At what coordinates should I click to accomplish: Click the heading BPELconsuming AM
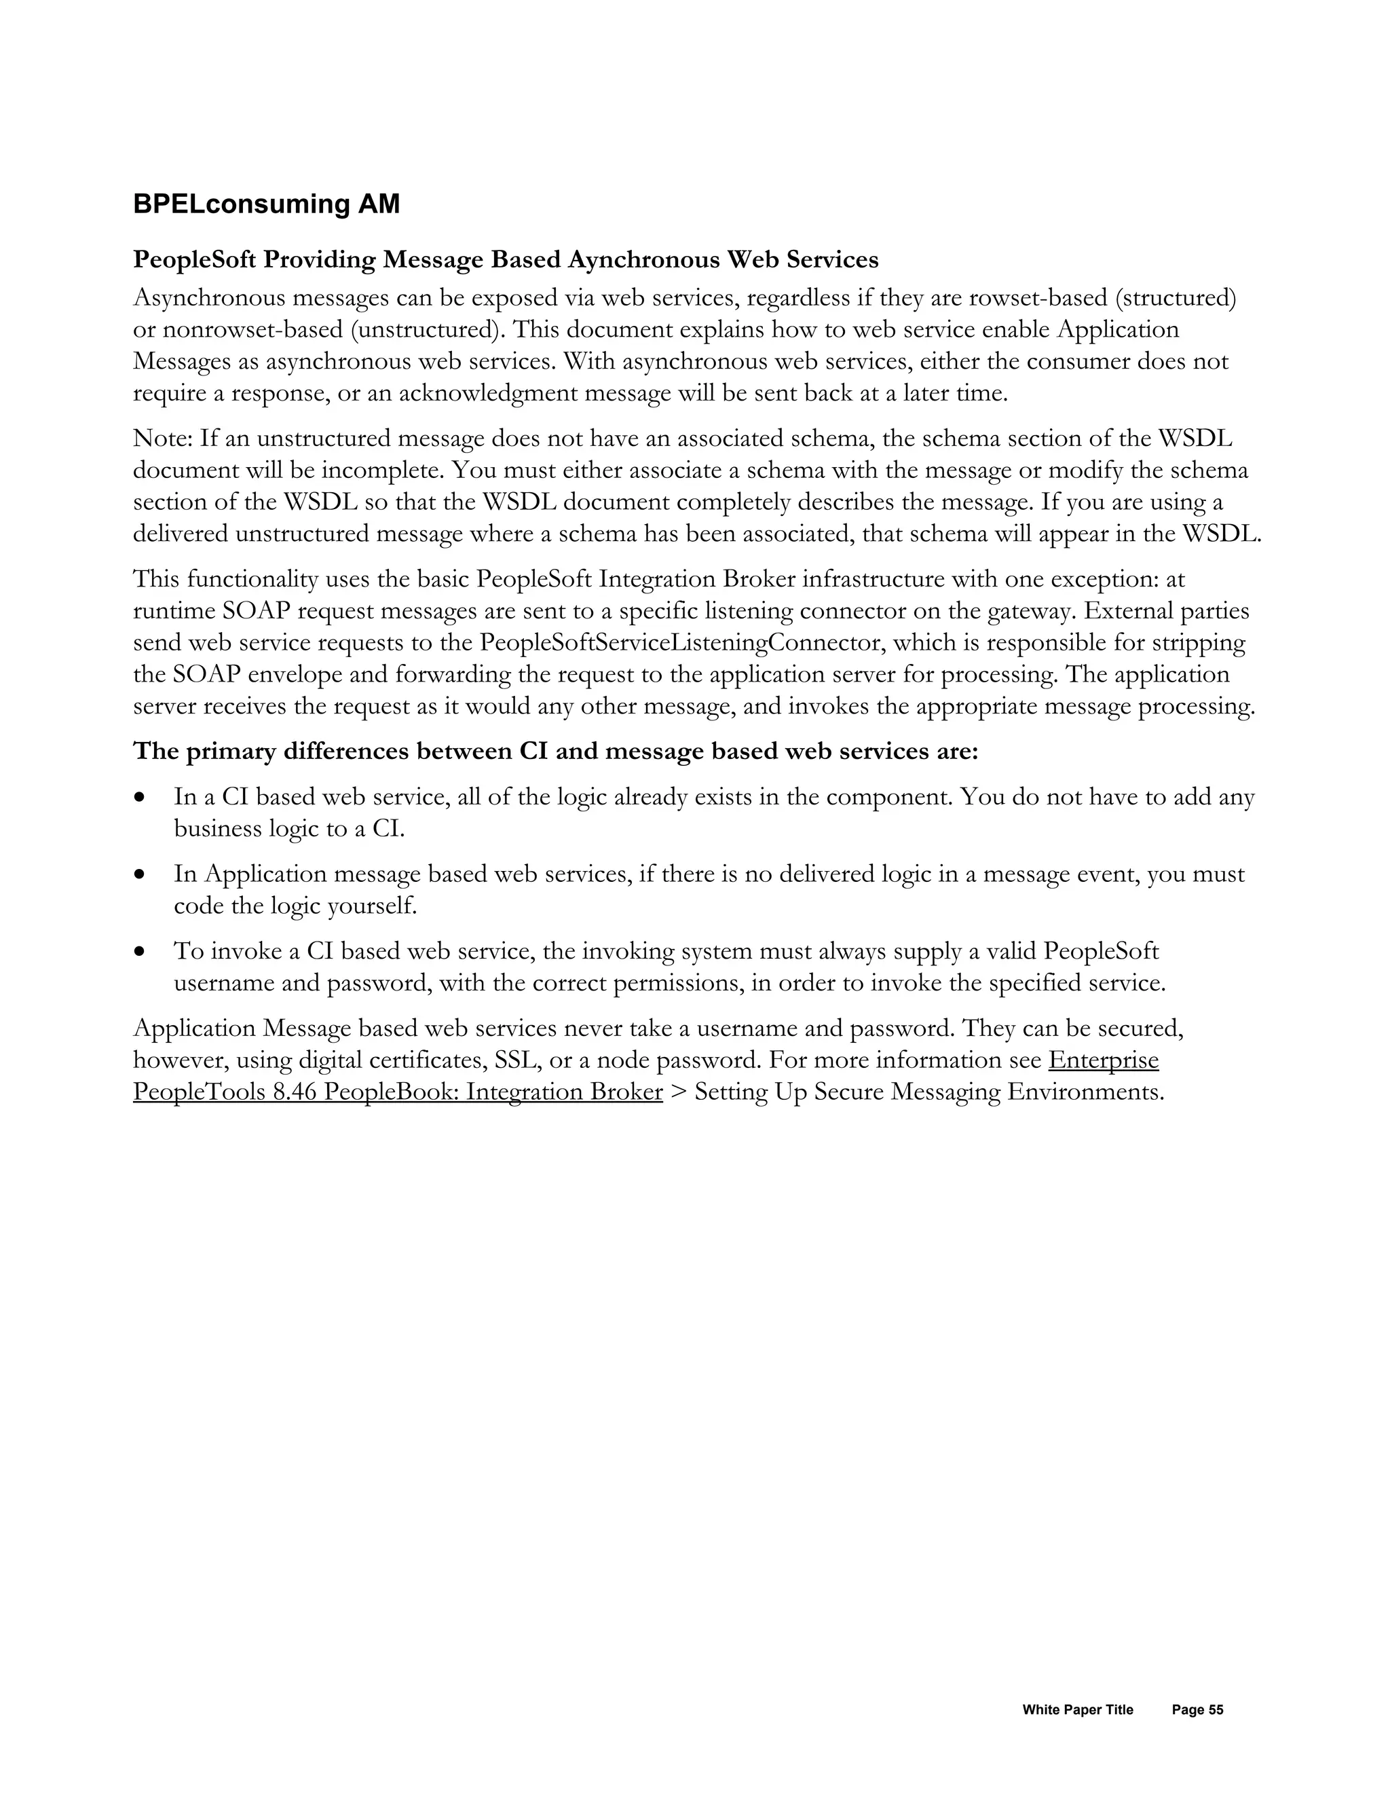tap(266, 204)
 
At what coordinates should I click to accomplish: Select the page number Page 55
tap(1197, 1709)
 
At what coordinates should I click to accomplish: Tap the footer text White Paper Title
tap(1077, 1709)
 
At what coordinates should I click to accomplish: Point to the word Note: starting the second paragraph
tap(163, 439)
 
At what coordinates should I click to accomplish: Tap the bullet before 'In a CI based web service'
tap(142, 798)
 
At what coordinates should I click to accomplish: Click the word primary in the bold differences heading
tap(231, 752)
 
